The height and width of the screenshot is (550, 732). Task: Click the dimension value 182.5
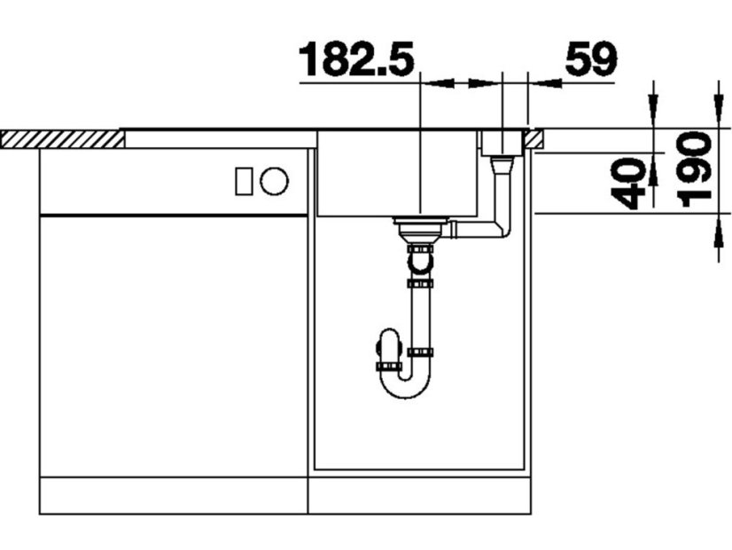(x=356, y=59)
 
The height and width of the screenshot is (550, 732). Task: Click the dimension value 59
(x=591, y=59)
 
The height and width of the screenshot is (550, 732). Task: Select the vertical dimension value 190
(x=696, y=169)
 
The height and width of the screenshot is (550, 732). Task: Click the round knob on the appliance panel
(x=274, y=181)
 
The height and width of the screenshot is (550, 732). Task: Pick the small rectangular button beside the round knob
(x=244, y=181)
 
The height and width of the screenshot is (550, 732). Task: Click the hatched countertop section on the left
(x=63, y=140)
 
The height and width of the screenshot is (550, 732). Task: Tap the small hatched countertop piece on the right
(x=533, y=139)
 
